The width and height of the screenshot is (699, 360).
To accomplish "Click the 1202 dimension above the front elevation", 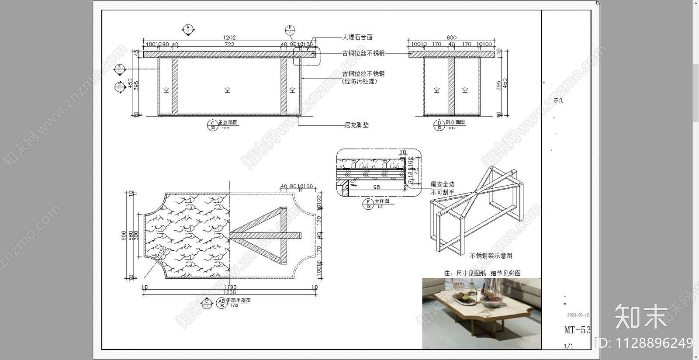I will click(x=229, y=38).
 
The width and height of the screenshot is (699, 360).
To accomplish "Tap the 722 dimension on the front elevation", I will click(x=229, y=44).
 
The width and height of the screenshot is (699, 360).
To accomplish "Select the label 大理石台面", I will click(x=357, y=38).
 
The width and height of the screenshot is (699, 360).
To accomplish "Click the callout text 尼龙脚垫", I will click(x=356, y=125).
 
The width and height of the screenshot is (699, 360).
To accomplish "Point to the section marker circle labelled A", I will click(x=188, y=28).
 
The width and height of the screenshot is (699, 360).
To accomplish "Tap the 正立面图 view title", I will click(x=228, y=123).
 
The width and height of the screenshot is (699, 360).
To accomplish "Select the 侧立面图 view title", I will click(x=455, y=122).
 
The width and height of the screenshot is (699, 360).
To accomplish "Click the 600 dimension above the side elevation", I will click(x=451, y=38).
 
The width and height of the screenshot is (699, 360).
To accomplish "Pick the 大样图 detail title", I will click(x=381, y=201).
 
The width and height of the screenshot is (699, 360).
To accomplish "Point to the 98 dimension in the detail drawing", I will click(x=377, y=187).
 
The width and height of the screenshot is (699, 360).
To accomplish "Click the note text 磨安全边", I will click(x=443, y=185).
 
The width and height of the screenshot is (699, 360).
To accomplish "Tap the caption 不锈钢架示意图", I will click(x=491, y=256).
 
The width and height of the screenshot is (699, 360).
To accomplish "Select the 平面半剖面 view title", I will click(x=238, y=301).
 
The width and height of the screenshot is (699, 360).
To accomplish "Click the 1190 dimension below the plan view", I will click(x=229, y=287).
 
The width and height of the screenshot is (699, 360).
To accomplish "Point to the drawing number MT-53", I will click(x=577, y=330).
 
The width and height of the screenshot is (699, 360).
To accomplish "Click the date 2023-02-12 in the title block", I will click(x=578, y=315).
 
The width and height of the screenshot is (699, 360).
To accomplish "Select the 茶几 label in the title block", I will click(x=558, y=100).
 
